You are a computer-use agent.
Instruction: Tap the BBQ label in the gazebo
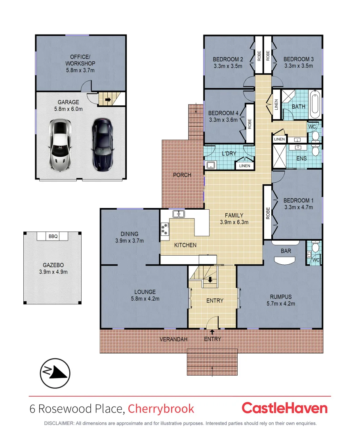coord(53,237)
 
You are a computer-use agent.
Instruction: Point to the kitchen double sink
coord(179,214)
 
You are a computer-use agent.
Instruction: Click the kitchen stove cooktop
coord(164,229)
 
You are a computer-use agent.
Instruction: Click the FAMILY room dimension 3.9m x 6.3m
coord(234,222)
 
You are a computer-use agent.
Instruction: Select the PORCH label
coord(182,175)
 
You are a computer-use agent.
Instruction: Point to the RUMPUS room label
coord(281,297)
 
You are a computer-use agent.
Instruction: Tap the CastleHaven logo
coord(284,408)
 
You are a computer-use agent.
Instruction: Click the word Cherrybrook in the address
coord(161,409)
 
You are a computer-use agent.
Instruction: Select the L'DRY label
coord(229,153)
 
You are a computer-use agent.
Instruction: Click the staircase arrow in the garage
coord(108,100)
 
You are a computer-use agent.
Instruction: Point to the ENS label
coord(302,159)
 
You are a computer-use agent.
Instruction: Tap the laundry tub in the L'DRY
coord(210,165)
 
